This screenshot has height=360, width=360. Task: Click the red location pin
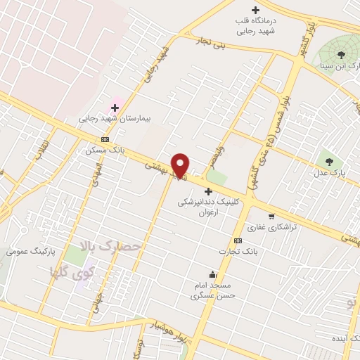coord(181,165)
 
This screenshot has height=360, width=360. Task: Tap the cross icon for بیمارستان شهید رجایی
coord(115,108)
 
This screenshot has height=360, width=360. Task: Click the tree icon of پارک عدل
coord(329,161)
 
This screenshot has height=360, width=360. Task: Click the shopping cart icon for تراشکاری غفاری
coord(271,216)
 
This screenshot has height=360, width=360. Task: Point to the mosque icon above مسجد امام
coord(212,274)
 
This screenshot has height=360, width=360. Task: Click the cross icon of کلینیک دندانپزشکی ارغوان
coord(208,191)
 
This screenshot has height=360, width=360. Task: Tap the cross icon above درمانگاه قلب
coord(255,10)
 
